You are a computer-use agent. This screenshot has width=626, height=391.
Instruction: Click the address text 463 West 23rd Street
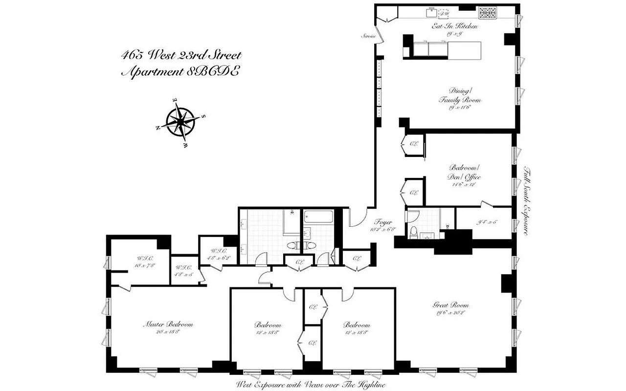click(180, 55)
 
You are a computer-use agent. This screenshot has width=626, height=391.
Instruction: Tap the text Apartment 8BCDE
click(180, 71)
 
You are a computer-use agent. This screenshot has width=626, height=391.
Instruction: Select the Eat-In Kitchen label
click(454, 26)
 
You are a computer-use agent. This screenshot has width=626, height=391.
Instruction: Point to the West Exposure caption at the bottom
click(311, 385)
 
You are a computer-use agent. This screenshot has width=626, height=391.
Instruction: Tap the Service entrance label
click(369, 36)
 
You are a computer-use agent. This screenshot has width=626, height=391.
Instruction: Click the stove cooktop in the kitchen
click(487, 13)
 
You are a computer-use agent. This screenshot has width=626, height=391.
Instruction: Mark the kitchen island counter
click(443, 49)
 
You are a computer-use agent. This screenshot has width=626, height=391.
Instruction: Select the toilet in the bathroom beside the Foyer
click(414, 233)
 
